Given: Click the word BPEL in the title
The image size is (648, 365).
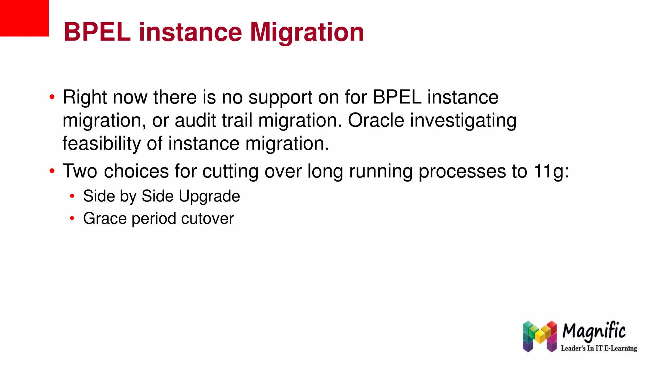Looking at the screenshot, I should pyautogui.click(x=97, y=32).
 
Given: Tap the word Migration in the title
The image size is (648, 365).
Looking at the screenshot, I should pyautogui.click(x=307, y=33).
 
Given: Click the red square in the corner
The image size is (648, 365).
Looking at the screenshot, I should pyautogui.click(x=24, y=18).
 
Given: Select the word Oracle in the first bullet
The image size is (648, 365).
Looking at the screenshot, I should pyautogui.click(x=376, y=120).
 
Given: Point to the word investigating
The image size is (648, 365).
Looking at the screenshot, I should pyautogui.click(x=463, y=121).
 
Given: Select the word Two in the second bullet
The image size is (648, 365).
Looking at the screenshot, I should pyautogui.click(x=80, y=171).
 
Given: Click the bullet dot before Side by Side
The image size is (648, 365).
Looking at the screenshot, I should pyautogui.click(x=72, y=196).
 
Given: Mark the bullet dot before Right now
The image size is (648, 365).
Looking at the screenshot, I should pyautogui.click(x=52, y=97).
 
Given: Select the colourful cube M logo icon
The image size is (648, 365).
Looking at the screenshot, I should pyautogui.click(x=539, y=336).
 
